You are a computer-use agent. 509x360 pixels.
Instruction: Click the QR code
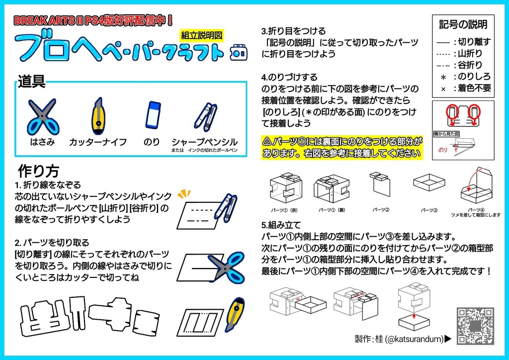coord(475,326)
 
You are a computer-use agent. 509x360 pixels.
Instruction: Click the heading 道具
coord(32,82)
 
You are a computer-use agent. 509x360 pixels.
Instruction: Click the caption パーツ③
coord(428,210)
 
